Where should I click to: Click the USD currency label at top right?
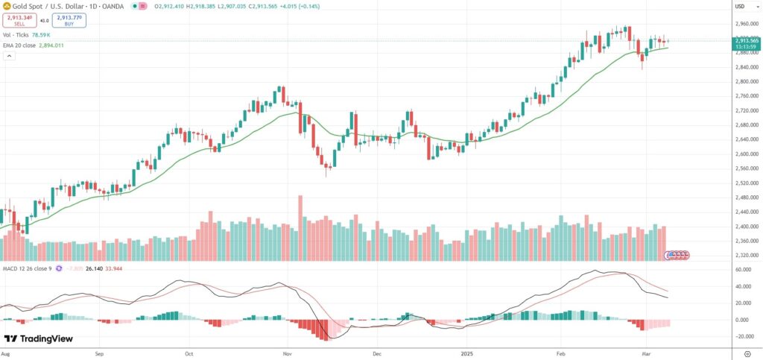[x=740, y=7]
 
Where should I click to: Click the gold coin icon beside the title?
[x=7, y=7]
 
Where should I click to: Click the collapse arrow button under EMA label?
[x=10, y=56]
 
